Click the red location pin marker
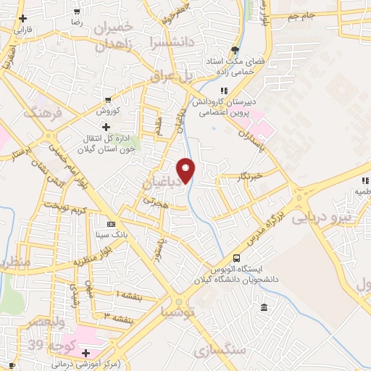pyautogui.click(x=186, y=170)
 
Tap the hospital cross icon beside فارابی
pyautogui.click(x=23, y=18)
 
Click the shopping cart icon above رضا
pyautogui.click(x=77, y=12)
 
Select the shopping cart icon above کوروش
pyautogui.click(x=108, y=100)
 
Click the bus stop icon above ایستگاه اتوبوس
pyautogui.click(x=237, y=258)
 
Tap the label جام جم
pyautogui.click(x=303, y=16)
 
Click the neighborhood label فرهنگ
pyautogui.click(x=38, y=112)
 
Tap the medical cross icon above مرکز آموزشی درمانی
pyautogui.click(x=86, y=353)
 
